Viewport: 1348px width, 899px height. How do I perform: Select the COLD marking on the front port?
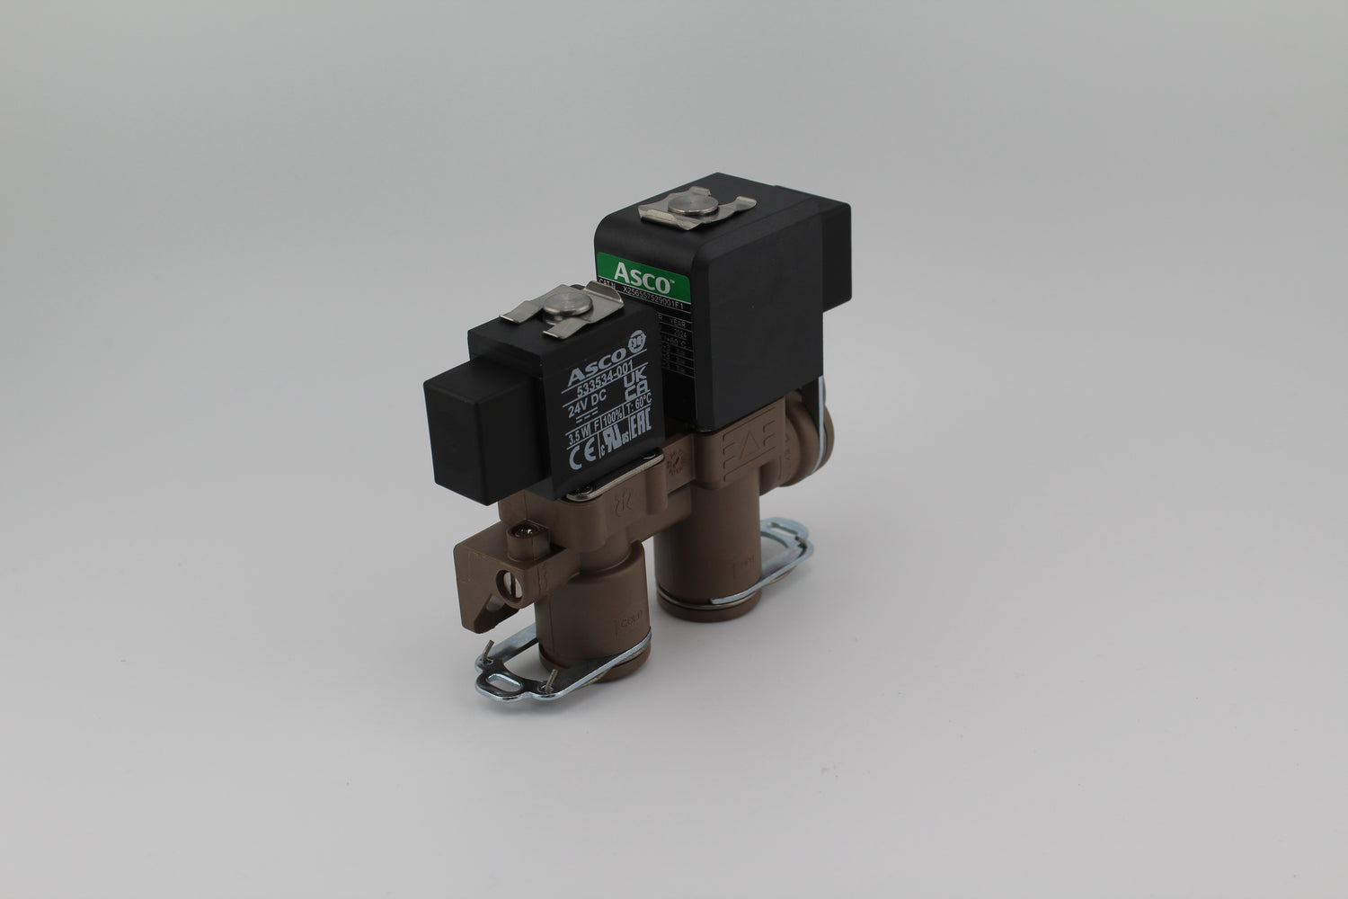click(624, 629)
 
